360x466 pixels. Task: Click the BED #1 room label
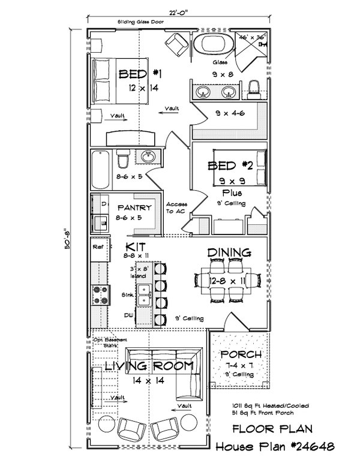coord(141,74)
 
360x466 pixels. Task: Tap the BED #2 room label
coord(230,166)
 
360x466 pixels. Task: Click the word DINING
coord(229,252)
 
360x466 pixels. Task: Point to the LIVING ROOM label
coord(149,365)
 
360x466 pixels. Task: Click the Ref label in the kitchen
coord(98,246)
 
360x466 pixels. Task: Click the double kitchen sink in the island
coord(143,296)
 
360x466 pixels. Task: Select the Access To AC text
coord(176,208)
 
